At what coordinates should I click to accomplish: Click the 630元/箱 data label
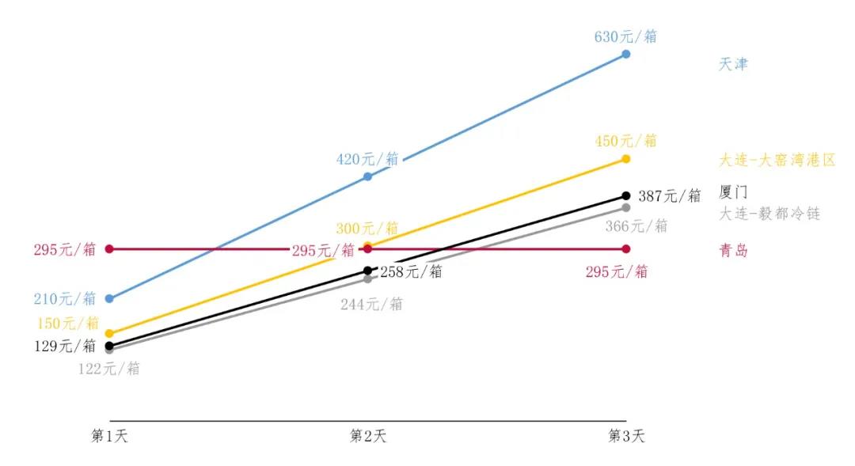click(625, 36)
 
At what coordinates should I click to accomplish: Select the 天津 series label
click(733, 64)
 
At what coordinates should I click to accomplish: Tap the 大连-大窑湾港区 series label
click(777, 160)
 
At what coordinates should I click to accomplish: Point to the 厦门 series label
click(733, 191)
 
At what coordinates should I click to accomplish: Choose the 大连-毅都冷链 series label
click(769, 214)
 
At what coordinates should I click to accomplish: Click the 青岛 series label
click(733, 251)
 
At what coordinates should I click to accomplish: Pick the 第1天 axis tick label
click(109, 436)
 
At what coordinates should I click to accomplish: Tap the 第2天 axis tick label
click(367, 436)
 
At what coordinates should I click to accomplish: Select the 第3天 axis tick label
click(626, 436)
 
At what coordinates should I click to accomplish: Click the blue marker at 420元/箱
click(367, 176)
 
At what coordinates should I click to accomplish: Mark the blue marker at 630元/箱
click(626, 54)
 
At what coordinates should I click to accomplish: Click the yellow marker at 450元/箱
click(626, 159)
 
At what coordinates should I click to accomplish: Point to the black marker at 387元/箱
click(626, 195)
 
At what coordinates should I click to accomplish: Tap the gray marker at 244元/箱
click(367, 278)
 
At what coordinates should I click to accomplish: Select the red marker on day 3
click(626, 249)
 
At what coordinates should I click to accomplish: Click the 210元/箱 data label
click(65, 298)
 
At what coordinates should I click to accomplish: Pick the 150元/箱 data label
click(68, 323)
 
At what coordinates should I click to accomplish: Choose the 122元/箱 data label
click(108, 368)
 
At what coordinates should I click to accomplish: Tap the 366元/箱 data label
click(636, 226)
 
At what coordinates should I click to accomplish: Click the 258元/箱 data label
click(411, 271)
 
